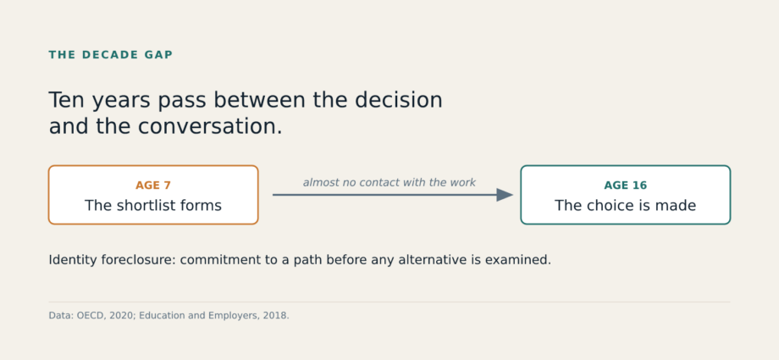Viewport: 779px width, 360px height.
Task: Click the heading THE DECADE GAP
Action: (x=110, y=55)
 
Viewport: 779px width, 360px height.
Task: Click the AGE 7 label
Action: (x=153, y=186)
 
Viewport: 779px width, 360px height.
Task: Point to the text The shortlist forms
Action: (x=153, y=205)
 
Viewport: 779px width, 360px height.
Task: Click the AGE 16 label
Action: (x=626, y=186)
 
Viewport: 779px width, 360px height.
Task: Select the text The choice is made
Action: (x=626, y=205)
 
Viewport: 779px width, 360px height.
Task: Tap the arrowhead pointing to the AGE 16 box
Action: (x=505, y=195)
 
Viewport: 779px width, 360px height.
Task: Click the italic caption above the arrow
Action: (x=389, y=182)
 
